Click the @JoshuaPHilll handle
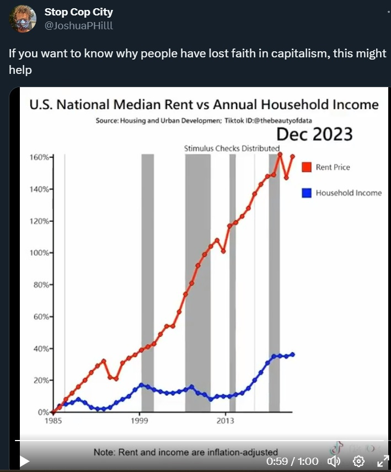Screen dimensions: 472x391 coord(78,25)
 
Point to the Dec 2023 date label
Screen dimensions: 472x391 coord(314,134)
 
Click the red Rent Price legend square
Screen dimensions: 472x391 coord(307,167)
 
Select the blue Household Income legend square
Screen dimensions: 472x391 coord(307,193)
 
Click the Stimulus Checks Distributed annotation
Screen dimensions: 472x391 coord(231,148)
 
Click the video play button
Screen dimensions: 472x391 coord(25,461)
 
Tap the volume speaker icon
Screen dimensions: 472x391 coord(334,461)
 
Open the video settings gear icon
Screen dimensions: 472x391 coord(358,461)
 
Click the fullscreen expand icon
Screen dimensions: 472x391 coord(382,461)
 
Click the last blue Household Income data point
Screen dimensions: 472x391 coord(292,354)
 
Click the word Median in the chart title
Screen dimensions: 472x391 coord(145,104)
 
